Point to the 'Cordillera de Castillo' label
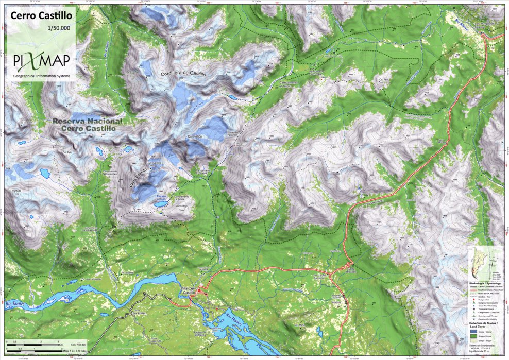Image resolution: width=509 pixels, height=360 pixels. tap(183, 74)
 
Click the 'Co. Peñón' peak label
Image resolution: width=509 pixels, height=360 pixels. tap(196, 136)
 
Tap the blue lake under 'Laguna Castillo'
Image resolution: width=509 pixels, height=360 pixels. tap(161, 204)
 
